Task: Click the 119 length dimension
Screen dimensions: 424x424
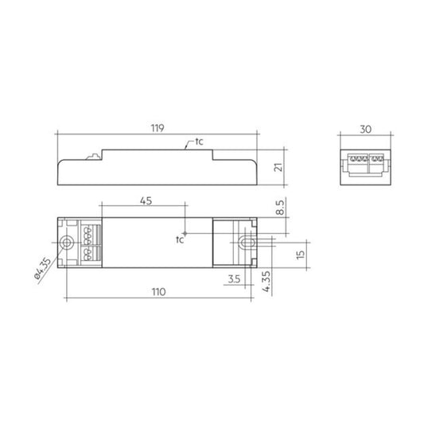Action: click(158, 128)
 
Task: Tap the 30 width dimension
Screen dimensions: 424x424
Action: click(365, 129)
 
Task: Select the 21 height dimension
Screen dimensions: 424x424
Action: click(278, 167)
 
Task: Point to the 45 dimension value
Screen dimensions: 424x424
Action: click(146, 201)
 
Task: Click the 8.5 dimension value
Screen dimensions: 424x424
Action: click(280, 208)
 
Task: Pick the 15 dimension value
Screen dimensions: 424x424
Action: click(300, 255)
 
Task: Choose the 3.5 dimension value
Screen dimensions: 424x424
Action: click(234, 278)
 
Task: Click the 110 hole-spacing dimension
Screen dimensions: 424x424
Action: click(158, 292)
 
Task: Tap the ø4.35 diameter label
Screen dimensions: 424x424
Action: click(43, 271)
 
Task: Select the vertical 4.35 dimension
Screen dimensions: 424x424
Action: click(266, 282)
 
